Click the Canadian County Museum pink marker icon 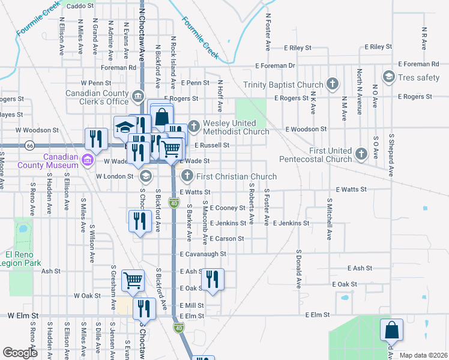(88, 160)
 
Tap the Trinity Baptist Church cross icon (332, 85)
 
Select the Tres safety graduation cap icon (388, 77)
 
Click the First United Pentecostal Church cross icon (361, 154)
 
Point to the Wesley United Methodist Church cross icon (193, 126)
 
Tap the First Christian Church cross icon (187, 176)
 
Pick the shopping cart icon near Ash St (133, 280)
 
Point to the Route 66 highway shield (29, 145)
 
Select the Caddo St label (80, 6)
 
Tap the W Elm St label (23, 315)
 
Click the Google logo (20, 353)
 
